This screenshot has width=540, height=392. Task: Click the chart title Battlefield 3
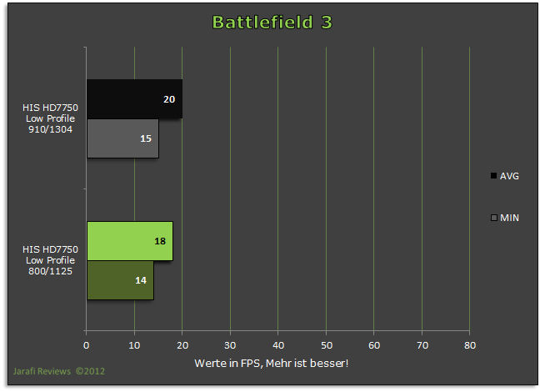click(x=272, y=23)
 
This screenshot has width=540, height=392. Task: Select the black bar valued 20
click(x=135, y=99)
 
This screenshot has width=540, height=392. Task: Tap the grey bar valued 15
click(x=123, y=138)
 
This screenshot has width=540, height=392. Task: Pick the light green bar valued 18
click(x=130, y=241)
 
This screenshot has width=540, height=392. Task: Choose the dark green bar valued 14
click(x=121, y=280)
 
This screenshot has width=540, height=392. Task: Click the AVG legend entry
click(x=505, y=176)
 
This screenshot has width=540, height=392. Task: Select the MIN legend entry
click(x=505, y=218)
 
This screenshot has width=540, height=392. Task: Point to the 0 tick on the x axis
click(x=86, y=345)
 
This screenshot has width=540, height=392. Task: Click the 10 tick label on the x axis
click(x=134, y=345)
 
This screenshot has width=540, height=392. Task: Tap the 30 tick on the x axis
click(x=230, y=345)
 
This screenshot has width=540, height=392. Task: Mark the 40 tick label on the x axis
click(x=278, y=345)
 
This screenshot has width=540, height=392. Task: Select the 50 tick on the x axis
click(x=326, y=345)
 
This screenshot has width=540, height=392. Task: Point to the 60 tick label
click(x=374, y=345)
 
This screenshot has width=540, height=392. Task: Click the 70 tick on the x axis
click(x=422, y=345)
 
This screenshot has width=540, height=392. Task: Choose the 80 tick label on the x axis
click(x=470, y=345)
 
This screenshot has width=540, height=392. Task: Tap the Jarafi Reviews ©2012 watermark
click(x=59, y=371)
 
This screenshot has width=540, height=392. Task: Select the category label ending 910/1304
click(x=50, y=118)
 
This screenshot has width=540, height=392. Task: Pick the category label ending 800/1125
click(x=50, y=260)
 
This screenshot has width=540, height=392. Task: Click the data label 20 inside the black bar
click(x=169, y=99)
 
